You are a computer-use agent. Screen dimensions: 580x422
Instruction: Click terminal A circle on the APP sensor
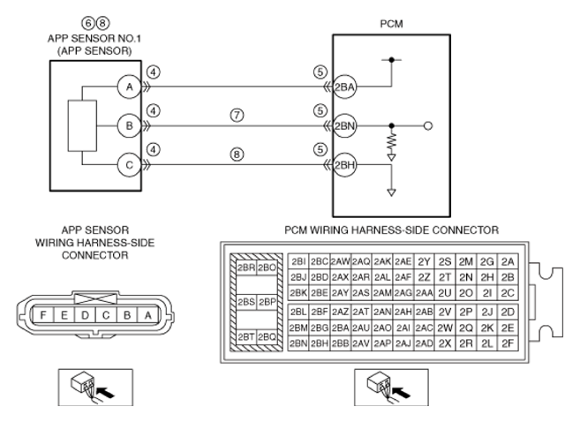(x=129, y=87)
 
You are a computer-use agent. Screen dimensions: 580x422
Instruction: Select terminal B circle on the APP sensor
(x=129, y=125)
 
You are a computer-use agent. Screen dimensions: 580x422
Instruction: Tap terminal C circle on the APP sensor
(x=129, y=165)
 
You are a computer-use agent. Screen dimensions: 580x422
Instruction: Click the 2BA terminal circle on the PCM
(x=344, y=87)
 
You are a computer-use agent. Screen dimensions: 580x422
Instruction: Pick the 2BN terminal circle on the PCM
(x=344, y=125)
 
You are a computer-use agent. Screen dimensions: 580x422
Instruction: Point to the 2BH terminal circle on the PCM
(x=344, y=165)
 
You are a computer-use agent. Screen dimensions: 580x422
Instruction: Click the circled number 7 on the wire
(x=237, y=115)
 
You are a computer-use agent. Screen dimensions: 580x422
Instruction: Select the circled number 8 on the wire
(x=237, y=154)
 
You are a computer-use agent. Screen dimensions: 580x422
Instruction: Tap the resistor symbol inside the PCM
(x=391, y=141)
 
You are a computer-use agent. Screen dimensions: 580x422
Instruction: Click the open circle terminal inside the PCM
(x=428, y=126)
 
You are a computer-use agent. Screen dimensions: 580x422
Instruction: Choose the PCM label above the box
(x=391, y=24)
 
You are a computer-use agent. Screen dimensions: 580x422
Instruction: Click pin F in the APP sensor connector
(x=43, y=315)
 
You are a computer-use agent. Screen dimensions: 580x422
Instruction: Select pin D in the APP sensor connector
(x=85, y=315)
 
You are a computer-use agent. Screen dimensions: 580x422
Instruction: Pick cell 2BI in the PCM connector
(x=298, y=261)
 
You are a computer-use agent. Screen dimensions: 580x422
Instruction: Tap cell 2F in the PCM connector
(x=508, y=343)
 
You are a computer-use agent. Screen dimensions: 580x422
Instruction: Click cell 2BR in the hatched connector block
(x=246, y=268)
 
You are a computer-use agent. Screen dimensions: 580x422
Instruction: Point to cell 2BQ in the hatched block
(x=267, y=337)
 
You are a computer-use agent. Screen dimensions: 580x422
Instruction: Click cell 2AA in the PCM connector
(x=424, y=292)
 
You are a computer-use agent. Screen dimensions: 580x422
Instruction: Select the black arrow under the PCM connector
(x=402, y=392)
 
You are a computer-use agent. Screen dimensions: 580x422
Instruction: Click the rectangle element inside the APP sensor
(x=82, y=125)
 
